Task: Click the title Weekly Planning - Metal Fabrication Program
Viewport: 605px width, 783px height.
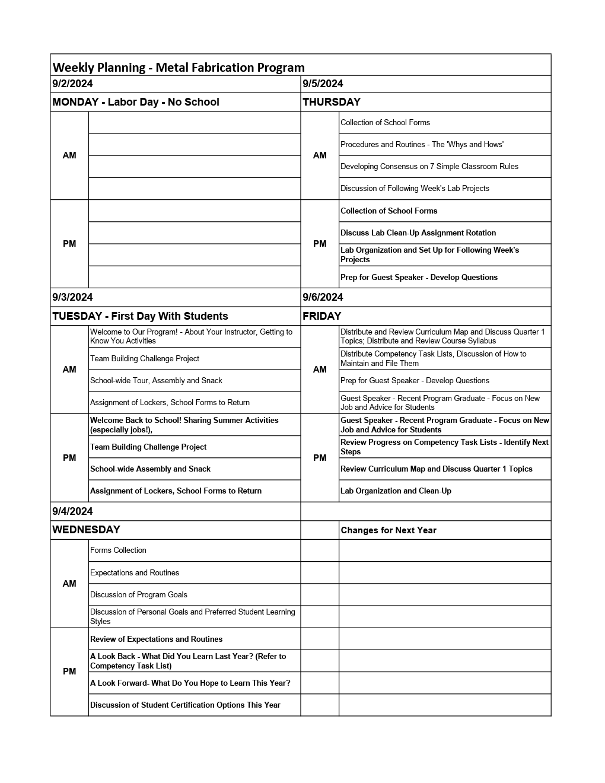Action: click(x=179, y=67)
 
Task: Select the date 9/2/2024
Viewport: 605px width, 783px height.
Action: click(x=72, y=84)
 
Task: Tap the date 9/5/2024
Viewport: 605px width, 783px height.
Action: click(x=323, y=84)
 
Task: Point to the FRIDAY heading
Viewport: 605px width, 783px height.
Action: click(x=322, y=316)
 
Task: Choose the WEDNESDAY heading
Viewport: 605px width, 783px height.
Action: click(x=86, y=530)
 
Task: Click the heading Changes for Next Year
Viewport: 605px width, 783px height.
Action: click(x=389, y=530)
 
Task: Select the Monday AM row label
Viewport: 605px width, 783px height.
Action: click(x=69, y=155)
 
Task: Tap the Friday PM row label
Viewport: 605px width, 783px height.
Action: click(x=320, y=458)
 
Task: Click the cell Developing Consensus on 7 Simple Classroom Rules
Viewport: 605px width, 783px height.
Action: click(x=429, y=167)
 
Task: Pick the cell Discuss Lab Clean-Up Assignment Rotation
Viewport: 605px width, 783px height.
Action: click(x=418, y=233)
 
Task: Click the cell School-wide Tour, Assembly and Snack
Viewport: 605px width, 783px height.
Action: click(x=156, y=381)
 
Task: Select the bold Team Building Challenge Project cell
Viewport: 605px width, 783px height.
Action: click(x=148, y=447)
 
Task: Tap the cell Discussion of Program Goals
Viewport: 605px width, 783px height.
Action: click(x=139, y=595)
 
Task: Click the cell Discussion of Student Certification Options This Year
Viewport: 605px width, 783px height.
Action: click(x=185, y=705)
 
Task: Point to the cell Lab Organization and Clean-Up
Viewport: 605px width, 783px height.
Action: click(x=396, y=491)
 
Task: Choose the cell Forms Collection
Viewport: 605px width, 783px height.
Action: click(x=118, y=550)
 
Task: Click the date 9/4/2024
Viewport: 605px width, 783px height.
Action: click(x=72, y=511)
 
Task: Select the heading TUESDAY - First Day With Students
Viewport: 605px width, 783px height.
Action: click(x=140, y=316)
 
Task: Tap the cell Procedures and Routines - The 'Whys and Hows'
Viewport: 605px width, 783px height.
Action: click(x=422, y=145)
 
